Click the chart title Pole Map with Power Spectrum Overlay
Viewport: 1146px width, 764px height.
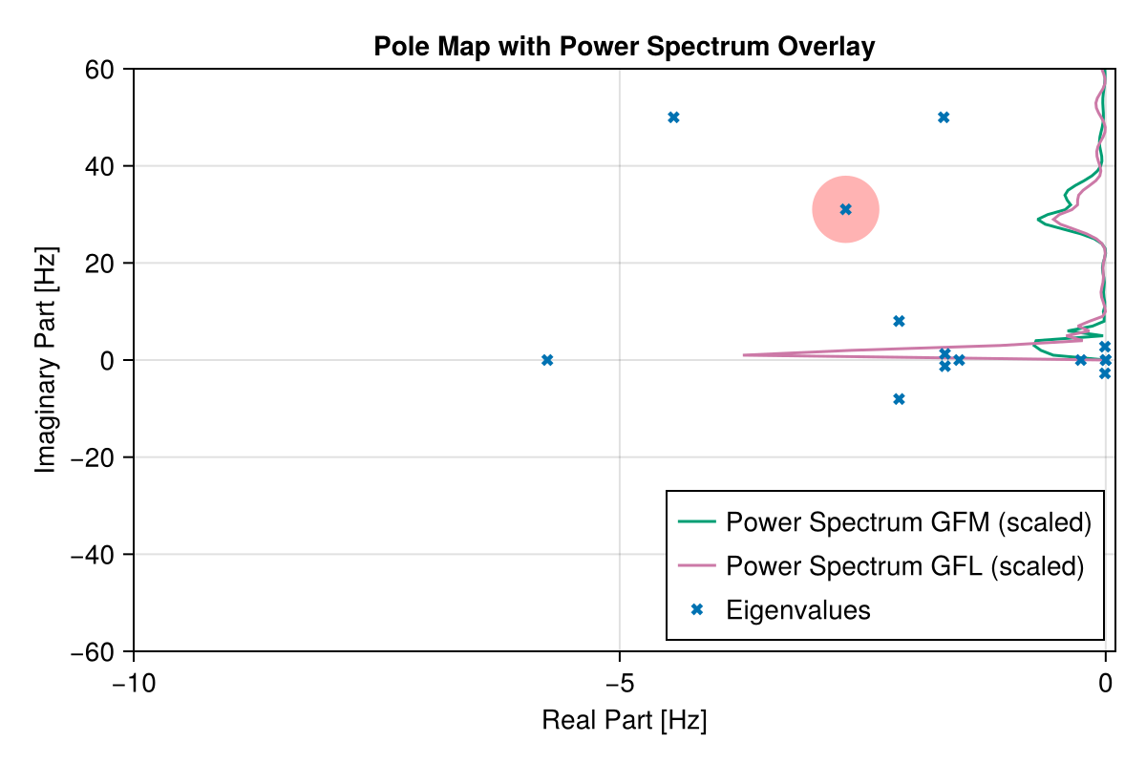coord(624,46)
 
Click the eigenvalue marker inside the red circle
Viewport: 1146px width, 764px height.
coord(845,209)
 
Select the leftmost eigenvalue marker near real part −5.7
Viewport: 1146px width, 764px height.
coord(547,360)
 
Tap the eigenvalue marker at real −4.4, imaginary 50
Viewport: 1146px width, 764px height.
coord(673,117)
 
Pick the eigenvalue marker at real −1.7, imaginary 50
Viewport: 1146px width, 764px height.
coord(944,117)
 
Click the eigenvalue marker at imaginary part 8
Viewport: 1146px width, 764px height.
coord(899,321)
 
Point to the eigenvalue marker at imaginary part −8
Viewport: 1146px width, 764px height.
coord(899,399)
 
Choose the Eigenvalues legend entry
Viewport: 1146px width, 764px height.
coord(797,610)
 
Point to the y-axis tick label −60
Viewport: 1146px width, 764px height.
coord(95,652)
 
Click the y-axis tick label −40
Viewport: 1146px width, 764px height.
coord(95,555)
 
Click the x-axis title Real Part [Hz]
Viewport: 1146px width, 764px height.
coord(624,720)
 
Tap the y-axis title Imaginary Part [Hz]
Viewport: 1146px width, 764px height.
coord(46,360)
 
